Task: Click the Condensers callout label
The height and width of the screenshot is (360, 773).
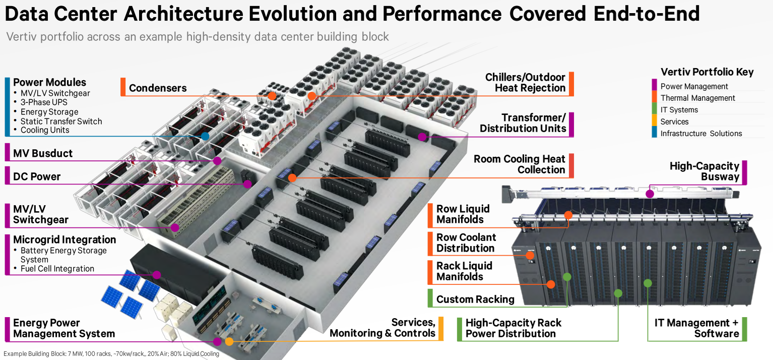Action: (158, 88)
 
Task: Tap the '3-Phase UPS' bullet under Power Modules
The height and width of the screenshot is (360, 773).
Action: (44, 102)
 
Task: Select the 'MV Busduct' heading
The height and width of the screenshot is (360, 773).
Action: (43, 153)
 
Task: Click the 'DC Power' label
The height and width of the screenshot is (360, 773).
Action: (37, 176)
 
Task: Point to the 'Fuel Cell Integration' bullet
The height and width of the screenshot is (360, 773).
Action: (57, 269)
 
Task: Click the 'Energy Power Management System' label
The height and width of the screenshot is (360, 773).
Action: (64, 328)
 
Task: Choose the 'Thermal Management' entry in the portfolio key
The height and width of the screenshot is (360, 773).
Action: (697, 98)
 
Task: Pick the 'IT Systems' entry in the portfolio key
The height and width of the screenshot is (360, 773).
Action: (679, 110)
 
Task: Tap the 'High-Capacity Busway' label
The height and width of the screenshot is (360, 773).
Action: (704, 171)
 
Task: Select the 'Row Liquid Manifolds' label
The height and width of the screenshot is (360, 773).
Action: (463, 214)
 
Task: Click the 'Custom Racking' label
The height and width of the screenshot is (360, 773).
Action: (475, 299)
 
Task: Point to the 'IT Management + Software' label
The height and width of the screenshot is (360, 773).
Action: (697, 328)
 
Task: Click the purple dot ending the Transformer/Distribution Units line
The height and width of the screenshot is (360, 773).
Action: (422, 137)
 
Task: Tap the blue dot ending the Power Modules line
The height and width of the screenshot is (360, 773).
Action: (205, 136)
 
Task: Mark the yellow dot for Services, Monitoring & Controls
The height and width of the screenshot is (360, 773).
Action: (229, 342)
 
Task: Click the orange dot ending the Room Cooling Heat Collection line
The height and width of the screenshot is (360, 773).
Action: (292, 178)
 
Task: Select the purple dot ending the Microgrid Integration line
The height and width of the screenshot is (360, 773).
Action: (157, 275)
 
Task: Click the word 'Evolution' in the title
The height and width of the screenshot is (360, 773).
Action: (293, 14)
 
